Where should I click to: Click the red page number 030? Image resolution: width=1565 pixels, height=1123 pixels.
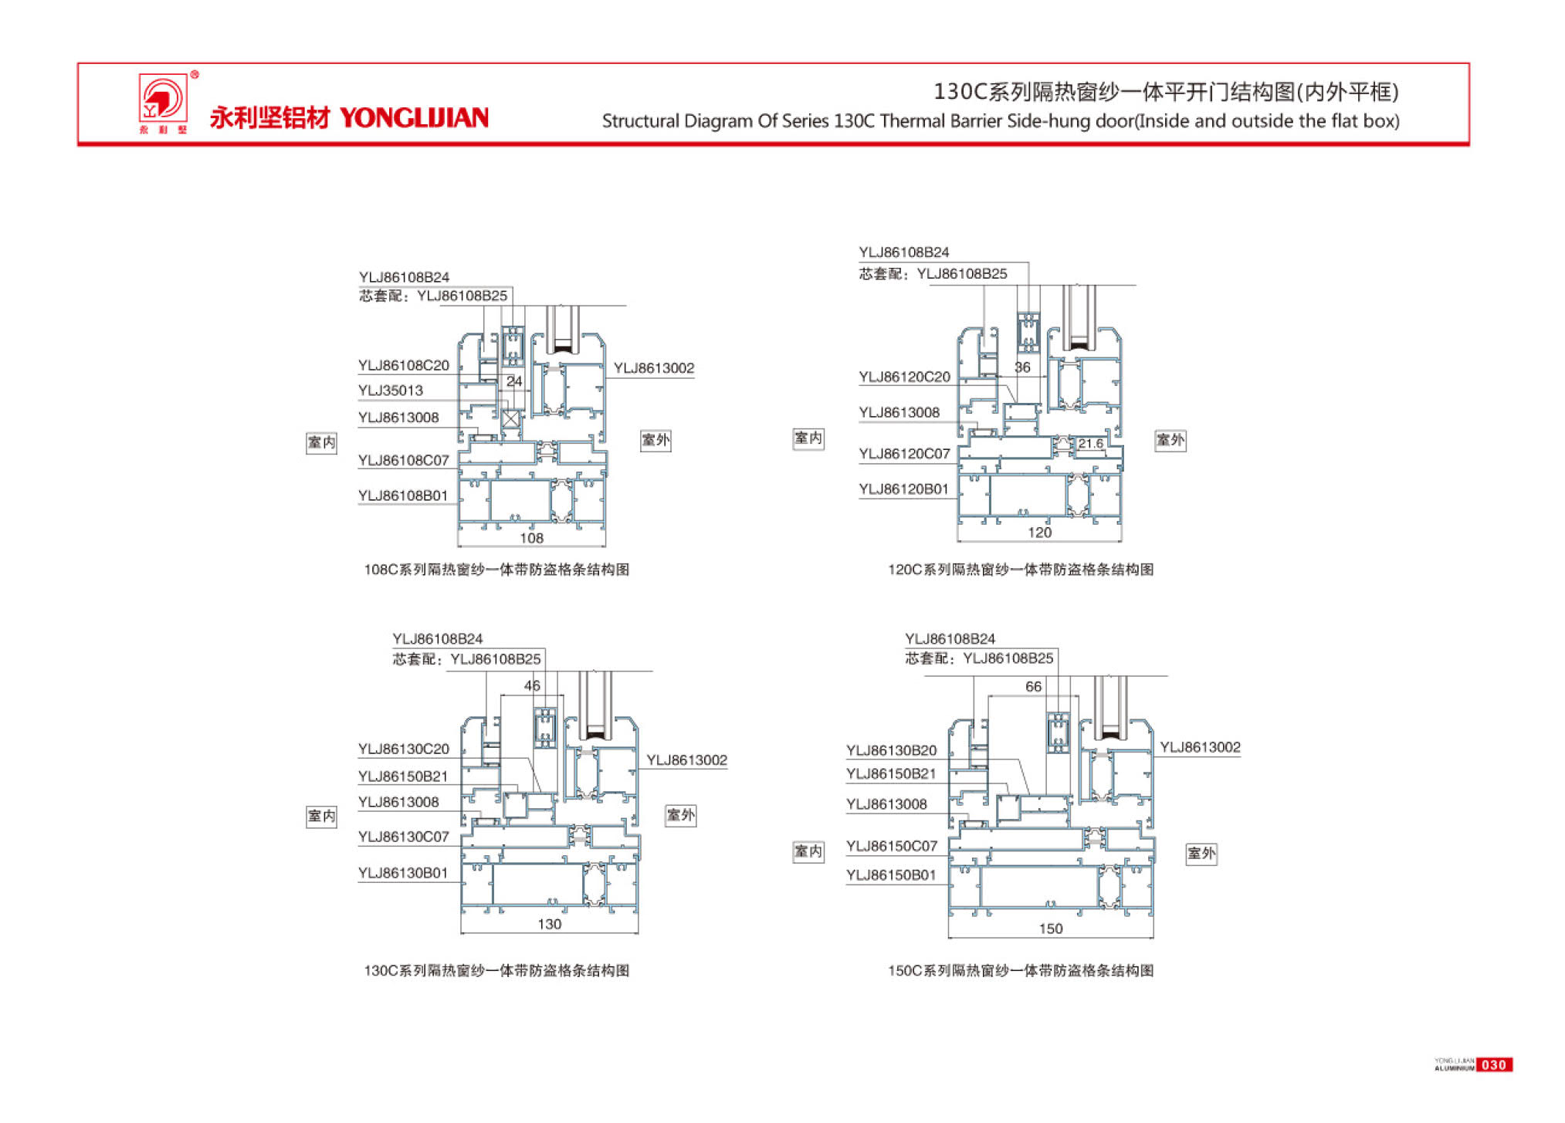click(x=1493, y=1065)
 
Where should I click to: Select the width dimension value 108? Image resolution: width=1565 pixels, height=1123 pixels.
click(x=531, y=538)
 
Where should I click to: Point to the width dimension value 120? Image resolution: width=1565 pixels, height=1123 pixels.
click(x=1039, y=533)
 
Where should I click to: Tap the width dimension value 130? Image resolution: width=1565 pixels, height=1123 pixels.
click(x=549, y=924)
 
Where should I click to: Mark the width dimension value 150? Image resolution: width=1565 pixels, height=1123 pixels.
click(x=1050, y=929)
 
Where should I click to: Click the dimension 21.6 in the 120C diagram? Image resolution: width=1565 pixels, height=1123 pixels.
click(x=1090, y=444)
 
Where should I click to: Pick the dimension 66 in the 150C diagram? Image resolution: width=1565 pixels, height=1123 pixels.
click(x=1033, y=686)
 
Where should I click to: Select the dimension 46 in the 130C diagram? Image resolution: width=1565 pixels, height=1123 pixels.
click(x=532, y=685)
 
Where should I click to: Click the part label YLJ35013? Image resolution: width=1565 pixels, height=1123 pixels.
click(x=391, y=391)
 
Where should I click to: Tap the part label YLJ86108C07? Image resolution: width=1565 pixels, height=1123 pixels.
click(x=403, y=461)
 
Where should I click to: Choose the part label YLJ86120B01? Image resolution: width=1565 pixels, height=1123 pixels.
click(x=903, y=489)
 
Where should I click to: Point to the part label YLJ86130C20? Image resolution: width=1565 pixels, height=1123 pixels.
click(x=403, y=749)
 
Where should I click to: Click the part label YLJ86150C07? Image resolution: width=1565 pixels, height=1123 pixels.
click(x=892, y=846)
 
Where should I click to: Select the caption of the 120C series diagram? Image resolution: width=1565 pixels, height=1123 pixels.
click(x=1020, y=570)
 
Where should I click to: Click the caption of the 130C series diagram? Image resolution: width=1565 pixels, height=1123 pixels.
click(x=496, y=970)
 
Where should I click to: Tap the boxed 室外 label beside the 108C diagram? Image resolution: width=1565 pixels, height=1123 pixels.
click(x=655, y=441)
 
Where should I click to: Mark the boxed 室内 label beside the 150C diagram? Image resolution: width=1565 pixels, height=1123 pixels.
click(x=808, y=851)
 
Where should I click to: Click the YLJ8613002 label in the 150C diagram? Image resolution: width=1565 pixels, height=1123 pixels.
click(x=1200, y=747)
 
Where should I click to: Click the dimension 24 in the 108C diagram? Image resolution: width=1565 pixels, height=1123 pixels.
click(x=514, y=381)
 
